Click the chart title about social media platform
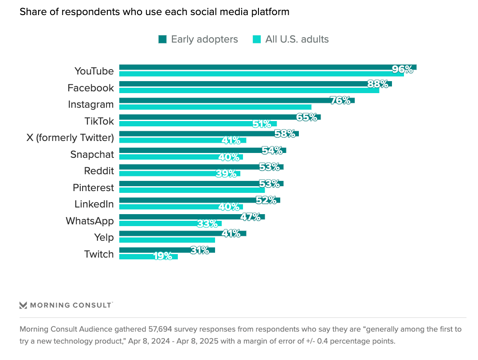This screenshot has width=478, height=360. (154, 12)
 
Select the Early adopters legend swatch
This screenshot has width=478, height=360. (162, 39)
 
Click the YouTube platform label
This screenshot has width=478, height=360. (94, 71)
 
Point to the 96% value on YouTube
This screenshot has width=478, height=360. (403, 69)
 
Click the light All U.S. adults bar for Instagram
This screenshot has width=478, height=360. (215, 107)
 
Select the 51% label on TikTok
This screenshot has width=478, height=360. (262, 124)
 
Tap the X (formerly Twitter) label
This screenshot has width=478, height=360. (70, 137)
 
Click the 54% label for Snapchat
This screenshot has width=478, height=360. (272, 150)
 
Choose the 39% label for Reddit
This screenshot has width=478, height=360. (226, 174)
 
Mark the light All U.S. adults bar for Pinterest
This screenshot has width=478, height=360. (192, 190)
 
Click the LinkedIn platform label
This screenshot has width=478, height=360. (94, 204)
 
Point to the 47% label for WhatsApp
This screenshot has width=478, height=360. (251, 217)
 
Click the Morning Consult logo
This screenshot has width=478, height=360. (66, 305)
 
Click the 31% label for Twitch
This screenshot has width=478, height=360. (200, 250)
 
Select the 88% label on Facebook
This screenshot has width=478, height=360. (378, 84)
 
